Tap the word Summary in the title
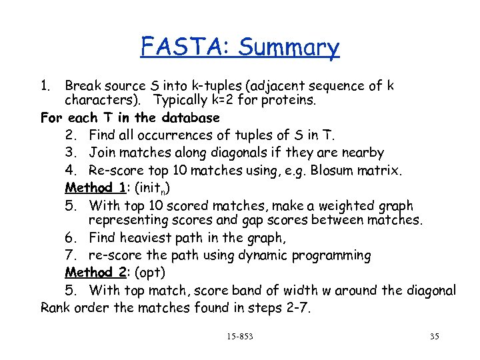289,48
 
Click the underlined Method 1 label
95,187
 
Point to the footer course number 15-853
239,337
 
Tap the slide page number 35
434,337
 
